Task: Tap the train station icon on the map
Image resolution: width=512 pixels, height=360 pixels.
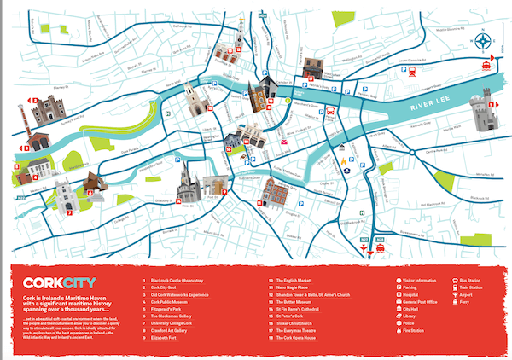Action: [x=486, y=64]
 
